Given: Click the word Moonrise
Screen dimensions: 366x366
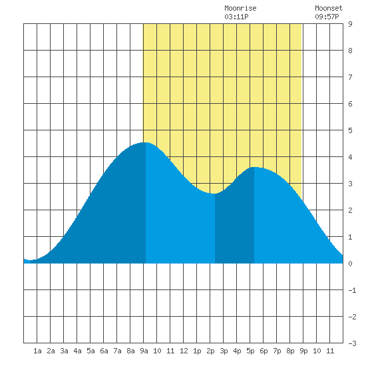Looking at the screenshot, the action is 240,8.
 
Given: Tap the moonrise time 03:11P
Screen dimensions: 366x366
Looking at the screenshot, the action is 236,17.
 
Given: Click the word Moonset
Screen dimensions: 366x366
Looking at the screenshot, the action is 329,8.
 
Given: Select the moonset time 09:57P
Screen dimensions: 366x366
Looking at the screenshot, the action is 327,17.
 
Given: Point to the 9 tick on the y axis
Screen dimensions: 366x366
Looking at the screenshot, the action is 350,24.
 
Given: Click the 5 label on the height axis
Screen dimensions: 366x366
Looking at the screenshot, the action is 350,130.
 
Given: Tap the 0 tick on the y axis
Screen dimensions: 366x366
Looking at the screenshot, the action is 350,264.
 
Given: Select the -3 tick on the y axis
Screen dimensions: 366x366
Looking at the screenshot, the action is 352,343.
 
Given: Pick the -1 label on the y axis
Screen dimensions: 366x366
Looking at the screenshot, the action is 352,290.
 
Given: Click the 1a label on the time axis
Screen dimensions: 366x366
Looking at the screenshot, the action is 37,351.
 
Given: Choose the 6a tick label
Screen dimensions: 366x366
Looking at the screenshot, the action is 104,351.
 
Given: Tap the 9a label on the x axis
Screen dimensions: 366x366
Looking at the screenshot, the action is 144,351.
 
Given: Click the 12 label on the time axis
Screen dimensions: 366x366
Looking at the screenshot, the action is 184,351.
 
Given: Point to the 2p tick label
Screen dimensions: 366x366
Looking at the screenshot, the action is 210,351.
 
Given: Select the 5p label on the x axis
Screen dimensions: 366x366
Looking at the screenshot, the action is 250,351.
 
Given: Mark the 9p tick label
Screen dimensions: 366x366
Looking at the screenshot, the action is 303,351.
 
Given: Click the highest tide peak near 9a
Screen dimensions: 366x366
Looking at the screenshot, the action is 144,142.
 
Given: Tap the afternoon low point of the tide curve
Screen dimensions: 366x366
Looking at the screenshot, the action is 214,194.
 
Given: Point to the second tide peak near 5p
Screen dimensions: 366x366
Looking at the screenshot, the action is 254,167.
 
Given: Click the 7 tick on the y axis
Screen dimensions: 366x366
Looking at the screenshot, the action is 350,77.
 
